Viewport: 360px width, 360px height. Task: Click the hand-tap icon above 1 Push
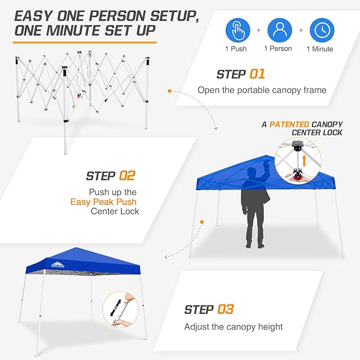point(238,30)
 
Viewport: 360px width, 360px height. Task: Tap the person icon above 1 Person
point(280,30)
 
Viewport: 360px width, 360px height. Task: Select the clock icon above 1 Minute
point(322,30)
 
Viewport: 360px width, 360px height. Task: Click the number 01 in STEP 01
point(256,74)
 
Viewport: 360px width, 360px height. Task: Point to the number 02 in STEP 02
point(126,175)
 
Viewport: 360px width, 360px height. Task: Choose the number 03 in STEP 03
point(224,309)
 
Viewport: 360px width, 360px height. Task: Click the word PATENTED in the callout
point(289,124)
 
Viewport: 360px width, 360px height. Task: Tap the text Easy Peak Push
point(103,201)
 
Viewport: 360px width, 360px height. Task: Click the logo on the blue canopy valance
point(56,263)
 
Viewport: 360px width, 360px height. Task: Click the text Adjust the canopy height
point(233,327)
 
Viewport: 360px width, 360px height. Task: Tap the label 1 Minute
point(320,49)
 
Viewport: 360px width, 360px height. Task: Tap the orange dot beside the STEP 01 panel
point(169,91)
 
